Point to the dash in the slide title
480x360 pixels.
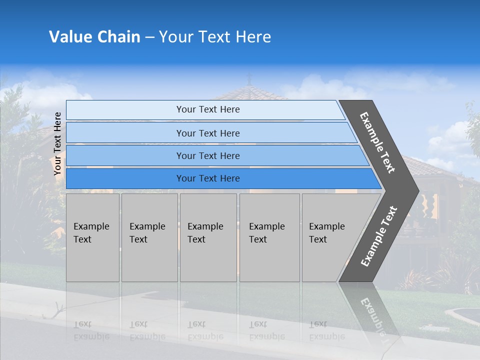click(x=149, y=37)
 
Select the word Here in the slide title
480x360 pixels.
click(x=253, y=37)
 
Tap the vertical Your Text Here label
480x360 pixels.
click(x=57, y=144)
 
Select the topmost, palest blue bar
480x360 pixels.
click(x=205, y=110)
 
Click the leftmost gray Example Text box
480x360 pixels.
click(x=92, y=237)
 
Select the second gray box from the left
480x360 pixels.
click(x=149, y=237)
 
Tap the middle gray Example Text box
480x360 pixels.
click(x=208, y=237)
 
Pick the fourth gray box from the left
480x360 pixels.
click(x=269, y=237)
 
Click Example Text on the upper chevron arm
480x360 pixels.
click(x=377, y=142)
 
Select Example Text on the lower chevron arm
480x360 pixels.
click(x=378, y=236)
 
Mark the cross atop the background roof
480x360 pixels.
click(x=249, y=78)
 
